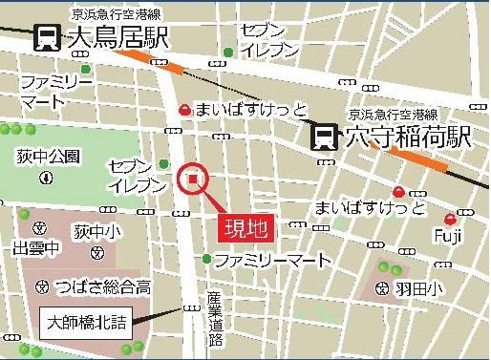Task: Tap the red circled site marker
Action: point(194,178)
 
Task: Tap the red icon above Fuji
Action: point(462,212)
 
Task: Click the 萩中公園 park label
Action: point(47,156)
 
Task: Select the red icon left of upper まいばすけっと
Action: point(184,111)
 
